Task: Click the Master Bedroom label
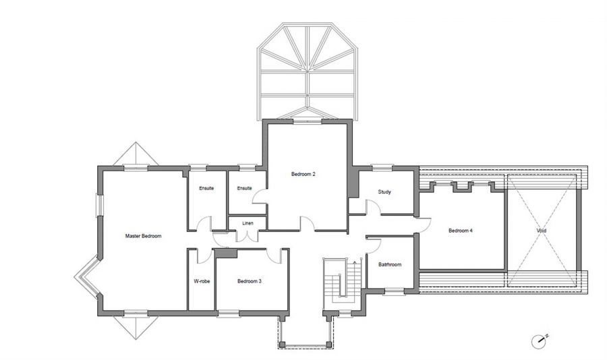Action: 143,236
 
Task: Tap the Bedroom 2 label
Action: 303,174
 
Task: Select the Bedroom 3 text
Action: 250,281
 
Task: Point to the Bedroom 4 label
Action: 460,231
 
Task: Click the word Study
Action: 384,191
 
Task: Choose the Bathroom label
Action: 390,265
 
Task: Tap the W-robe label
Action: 202,281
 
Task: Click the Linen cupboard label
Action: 248,223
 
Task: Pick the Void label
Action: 542,231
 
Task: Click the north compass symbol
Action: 539,341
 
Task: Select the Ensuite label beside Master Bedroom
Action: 206,189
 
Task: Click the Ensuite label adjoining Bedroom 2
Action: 244,189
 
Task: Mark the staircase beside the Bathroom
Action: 343,284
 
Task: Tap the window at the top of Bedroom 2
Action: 308,121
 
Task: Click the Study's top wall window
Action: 382,168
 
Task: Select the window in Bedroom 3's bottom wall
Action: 229,313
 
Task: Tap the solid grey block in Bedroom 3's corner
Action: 226,253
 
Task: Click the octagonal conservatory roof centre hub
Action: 308,71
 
